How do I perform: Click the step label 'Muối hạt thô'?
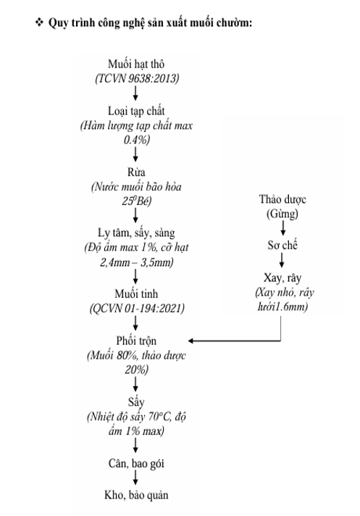136,64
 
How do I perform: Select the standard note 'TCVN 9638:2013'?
137,78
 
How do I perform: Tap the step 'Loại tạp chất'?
136,111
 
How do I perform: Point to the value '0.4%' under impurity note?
137,140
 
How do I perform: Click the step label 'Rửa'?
136,172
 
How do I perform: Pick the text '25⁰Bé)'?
137,201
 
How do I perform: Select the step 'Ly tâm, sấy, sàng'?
136,233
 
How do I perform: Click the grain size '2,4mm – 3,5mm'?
136,262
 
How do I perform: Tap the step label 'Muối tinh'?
136,294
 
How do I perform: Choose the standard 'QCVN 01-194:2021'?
137,308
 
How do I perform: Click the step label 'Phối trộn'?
136,341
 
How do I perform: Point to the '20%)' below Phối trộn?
137,370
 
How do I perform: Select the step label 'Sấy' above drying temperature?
136,402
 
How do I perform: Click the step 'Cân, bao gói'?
136,464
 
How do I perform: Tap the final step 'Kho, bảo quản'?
136,495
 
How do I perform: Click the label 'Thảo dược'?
282,199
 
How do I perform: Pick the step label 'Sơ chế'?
282,245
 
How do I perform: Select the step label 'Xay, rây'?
282,278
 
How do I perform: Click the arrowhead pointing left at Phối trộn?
191,341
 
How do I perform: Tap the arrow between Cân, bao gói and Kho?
135,477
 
